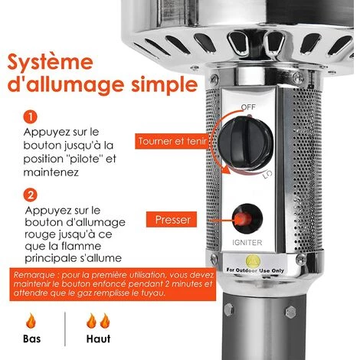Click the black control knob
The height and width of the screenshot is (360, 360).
(246, 143)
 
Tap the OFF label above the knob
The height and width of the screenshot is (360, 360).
(248, 107)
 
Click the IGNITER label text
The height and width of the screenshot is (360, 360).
(247, 242)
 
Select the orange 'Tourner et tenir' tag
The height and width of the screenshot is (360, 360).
(172, 141)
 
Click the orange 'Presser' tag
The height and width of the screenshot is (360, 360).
(172, 219)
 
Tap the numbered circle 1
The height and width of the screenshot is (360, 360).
(31, 117)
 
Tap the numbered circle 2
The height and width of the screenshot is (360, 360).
(31, 195)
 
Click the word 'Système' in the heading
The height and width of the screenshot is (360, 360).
(50, 62)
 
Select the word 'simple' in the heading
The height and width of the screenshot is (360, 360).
(165, 85)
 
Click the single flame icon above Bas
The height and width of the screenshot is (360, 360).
(31, 321)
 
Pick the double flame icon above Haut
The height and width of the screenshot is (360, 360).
(98, 321)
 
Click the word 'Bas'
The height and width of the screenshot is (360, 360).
(31, 339)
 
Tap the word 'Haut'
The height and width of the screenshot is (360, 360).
(98, 339)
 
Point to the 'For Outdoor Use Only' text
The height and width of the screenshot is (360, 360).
(255, 270)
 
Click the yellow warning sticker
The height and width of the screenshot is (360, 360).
(253, 261)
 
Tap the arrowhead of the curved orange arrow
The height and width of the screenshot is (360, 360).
(225, 169)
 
